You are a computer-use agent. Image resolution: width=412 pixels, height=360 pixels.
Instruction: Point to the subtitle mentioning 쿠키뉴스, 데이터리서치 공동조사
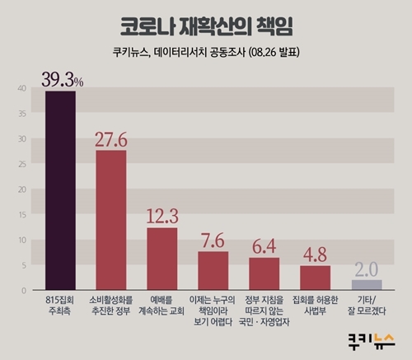pos(205,58)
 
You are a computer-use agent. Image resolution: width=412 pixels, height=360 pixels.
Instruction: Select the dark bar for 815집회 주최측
pos(60,190)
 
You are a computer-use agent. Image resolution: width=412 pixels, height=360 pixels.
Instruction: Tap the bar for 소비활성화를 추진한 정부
pos(111,220)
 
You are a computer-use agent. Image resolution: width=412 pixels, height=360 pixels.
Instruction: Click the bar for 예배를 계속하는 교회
pos(162,259)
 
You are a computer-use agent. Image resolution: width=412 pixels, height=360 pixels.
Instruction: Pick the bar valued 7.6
pos(213,271)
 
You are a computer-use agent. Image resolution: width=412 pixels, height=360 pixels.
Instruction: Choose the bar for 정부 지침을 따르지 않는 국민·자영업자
pos(265,274)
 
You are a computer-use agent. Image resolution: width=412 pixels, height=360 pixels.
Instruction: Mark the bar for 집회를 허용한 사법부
pos(316,278)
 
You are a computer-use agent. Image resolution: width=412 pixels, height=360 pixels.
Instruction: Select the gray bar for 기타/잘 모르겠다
pos(367,285)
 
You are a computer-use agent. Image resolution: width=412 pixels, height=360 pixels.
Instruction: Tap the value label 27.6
pos(112,138)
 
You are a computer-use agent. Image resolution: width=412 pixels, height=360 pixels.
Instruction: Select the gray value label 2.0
pos(367,269)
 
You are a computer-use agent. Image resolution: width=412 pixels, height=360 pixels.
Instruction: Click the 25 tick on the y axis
pos(21,164)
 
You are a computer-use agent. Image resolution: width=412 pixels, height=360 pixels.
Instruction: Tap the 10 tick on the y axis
pos(21,240)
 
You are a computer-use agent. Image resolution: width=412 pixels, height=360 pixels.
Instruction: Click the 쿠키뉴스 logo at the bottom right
pos(372,339)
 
